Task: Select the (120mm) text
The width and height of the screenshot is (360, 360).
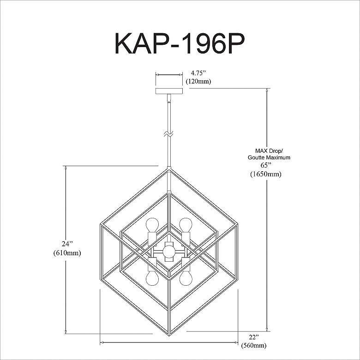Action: click(198, 81)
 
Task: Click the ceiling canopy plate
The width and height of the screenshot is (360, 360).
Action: click(169, 91)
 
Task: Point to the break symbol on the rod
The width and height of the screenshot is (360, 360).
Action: click(169, 134)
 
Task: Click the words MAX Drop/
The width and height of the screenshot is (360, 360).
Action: click(269, 151)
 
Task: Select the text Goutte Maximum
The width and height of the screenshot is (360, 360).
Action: click(269, 157)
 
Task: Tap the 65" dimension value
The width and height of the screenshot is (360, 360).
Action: click(266, 165)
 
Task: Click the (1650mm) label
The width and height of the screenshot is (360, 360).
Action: click(266, 174)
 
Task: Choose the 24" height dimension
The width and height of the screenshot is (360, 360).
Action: click(67, 244)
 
